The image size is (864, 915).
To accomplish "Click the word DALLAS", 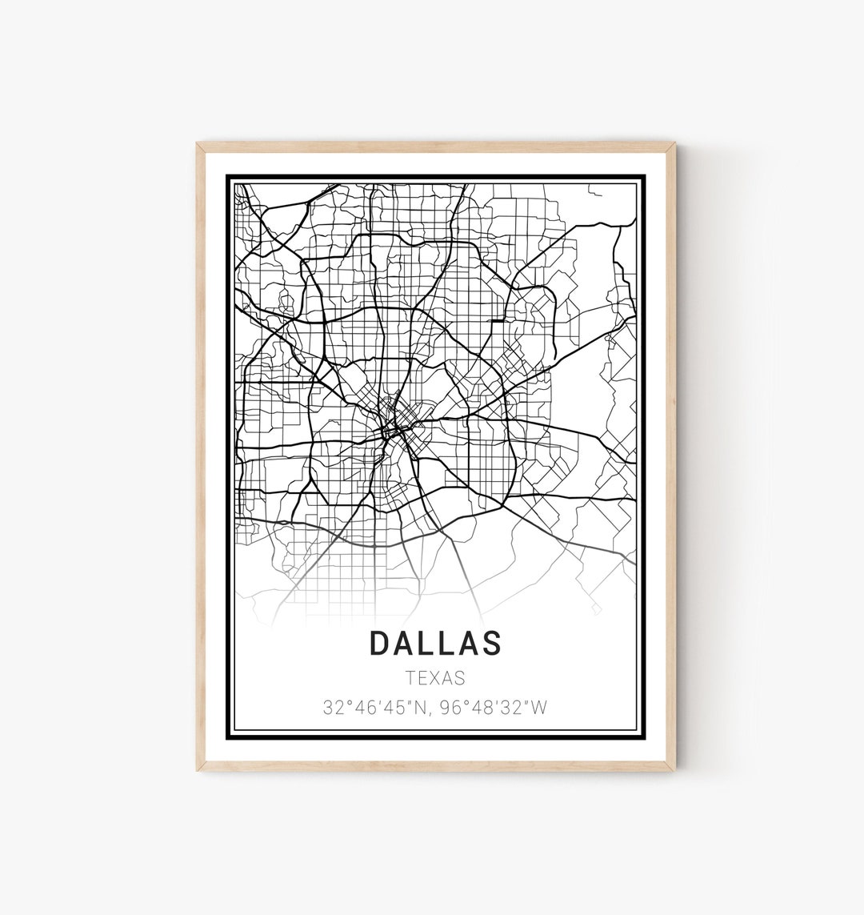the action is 436,643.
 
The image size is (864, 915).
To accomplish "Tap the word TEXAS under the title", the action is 435,678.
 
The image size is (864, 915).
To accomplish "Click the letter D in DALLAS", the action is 380,643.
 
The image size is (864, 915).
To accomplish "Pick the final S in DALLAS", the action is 492,643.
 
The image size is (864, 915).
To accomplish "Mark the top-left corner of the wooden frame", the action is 198,144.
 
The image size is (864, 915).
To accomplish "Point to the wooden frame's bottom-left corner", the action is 198,770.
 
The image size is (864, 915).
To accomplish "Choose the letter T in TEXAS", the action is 410,678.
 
